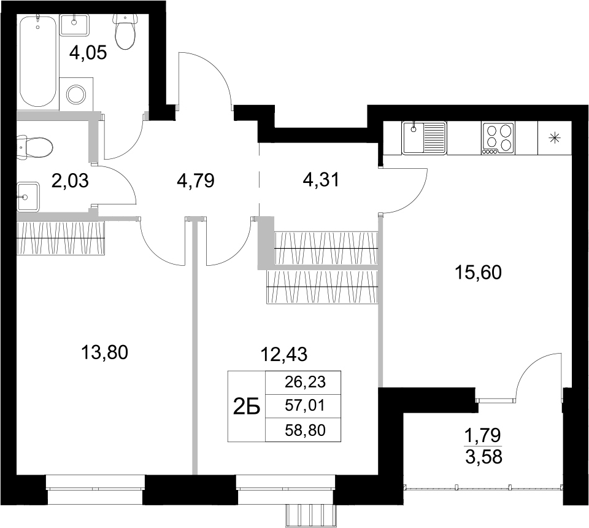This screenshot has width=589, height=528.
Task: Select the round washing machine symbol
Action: click(x=77, y=94)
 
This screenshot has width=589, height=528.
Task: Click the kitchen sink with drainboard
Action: click(x=424, y=138)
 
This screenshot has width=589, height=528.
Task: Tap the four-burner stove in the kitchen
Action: click(x=498, y=138)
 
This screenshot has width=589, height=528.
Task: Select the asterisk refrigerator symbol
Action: click(x=554, y=138)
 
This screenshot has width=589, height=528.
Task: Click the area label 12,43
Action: click(x=283, y=353)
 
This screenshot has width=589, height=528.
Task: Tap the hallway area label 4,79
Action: click(x=194, y=182)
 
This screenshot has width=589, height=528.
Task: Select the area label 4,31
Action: click(x=321, y=180)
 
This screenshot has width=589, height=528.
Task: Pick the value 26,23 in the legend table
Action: click(x=303, y=382)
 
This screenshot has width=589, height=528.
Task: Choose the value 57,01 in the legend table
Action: click(x=303, y=405)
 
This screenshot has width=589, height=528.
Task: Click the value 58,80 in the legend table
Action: click(x=303, y=430)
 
